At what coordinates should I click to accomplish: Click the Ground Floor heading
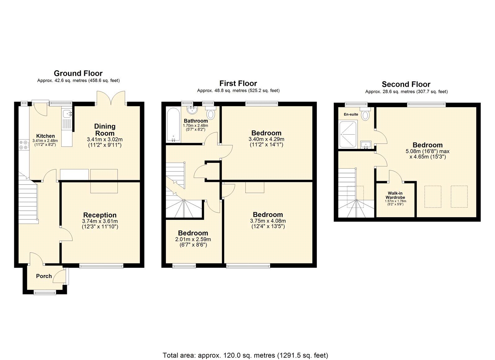[78, 73]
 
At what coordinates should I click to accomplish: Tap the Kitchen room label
[45, 136]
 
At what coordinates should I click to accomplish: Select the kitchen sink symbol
[67, 114]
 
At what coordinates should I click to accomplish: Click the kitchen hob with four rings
[24, 145]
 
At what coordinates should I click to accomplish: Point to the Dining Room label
[105, 129]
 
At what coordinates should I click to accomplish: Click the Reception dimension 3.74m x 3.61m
[100, 221]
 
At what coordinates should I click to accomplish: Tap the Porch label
[44, 276]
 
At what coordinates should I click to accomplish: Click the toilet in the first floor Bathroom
[211, 114]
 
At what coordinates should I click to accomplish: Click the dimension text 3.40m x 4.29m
[266, 139]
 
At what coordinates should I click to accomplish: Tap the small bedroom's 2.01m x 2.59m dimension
[193, 239]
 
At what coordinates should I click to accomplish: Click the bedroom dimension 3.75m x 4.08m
[268, 221]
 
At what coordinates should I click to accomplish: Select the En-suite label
[351, 115]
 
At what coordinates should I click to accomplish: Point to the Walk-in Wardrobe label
[395, 195]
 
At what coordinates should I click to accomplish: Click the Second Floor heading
[406, 84]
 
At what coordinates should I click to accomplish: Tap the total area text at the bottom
[245, 355]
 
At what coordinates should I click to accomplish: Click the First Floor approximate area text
[238, 91]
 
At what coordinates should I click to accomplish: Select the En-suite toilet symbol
[366, 115]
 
